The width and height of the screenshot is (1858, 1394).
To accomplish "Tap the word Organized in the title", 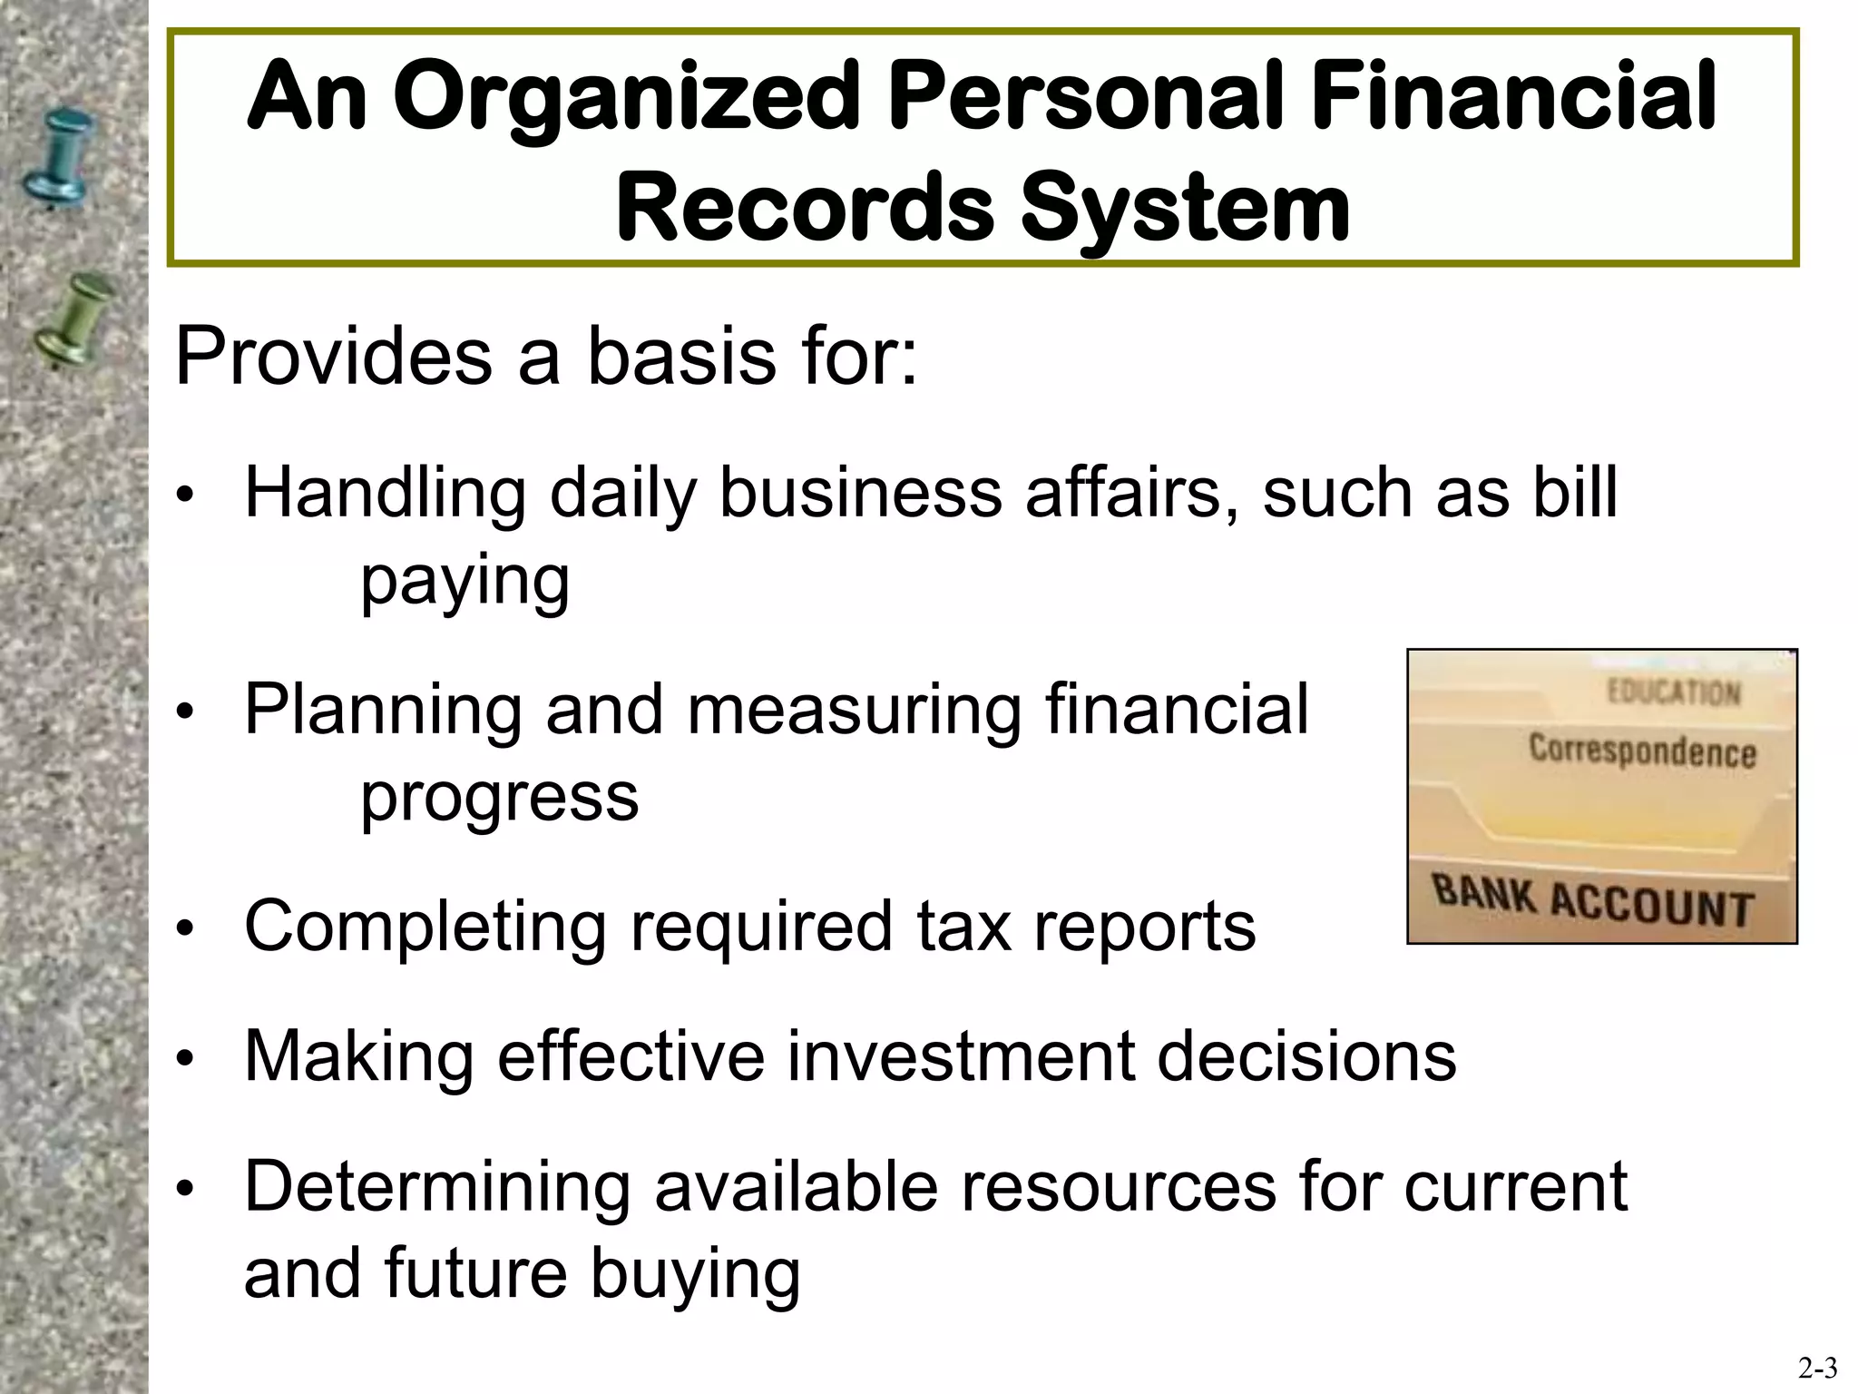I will (627, 98).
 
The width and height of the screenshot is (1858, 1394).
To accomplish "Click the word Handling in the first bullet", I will (385, 494).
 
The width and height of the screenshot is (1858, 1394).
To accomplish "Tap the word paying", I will (464, 581).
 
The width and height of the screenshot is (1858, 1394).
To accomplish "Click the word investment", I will (960, 1056).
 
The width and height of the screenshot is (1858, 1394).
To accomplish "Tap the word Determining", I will (437, 1187).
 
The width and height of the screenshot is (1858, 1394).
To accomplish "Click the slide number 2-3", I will (1817, 1368).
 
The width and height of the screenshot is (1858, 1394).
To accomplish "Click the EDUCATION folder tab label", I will (1674, 693).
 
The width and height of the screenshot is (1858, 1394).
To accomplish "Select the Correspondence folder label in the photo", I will (1642, 751).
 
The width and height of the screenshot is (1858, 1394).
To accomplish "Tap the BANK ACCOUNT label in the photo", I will (1591, 902).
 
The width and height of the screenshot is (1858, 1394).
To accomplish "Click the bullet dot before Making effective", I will (185, 1058).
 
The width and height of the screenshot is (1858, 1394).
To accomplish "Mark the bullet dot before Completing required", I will (185, 929).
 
